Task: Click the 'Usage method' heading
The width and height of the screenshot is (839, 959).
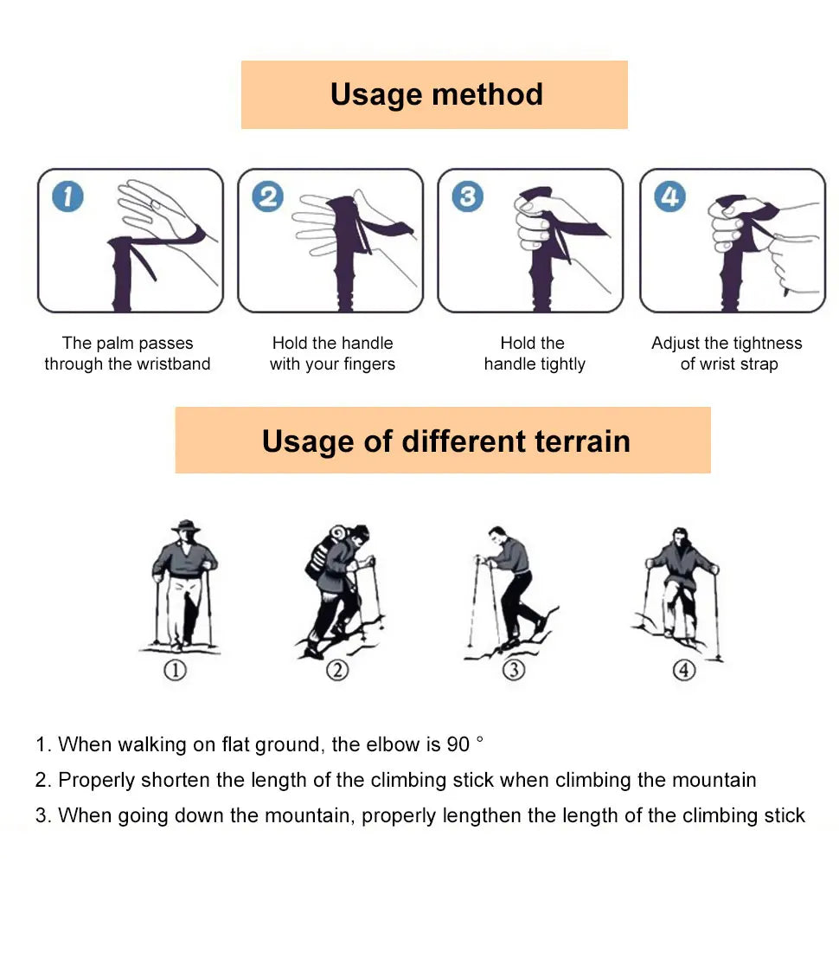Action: point(436,94)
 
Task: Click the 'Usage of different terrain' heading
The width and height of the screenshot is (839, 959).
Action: point(445,441)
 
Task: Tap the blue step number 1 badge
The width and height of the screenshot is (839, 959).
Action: point(67,196)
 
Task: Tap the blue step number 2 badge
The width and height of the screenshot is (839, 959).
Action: point(267,196)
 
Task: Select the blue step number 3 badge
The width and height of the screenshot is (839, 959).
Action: point(468,196)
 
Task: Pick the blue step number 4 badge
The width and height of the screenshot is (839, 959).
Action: point(669,196)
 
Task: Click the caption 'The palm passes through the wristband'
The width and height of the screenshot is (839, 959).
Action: point(127,354)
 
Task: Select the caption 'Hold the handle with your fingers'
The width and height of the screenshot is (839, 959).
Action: point(332,354)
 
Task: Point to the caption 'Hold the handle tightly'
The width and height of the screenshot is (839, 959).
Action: point(534,354)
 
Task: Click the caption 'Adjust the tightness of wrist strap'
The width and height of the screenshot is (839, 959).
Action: point(727,354)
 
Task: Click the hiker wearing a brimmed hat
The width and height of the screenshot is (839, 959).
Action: point(183,584)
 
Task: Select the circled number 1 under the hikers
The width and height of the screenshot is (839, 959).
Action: point(176,670)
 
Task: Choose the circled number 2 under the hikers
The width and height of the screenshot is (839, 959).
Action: point(336,670)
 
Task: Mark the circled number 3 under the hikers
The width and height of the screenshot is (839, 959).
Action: point(514,670)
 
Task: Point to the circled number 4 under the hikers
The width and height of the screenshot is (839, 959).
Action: point(684,670)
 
